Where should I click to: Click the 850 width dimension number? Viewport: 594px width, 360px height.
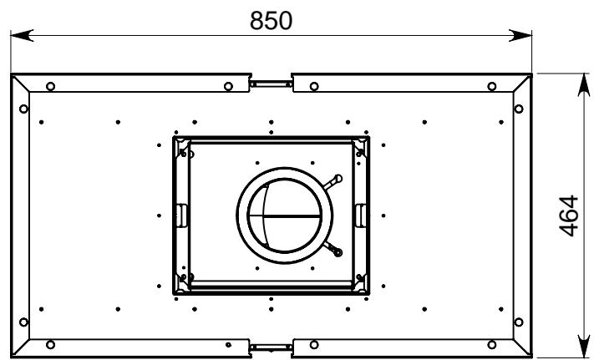pos(271,20)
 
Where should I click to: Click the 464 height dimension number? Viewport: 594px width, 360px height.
pos(569,215)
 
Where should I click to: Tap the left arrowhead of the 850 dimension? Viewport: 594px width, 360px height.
pos(22,35)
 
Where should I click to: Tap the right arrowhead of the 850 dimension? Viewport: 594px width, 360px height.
pos(520,35)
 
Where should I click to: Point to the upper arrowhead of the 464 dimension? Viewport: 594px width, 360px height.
pos(584,85)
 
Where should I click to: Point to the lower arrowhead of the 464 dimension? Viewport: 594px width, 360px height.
pos(584,346)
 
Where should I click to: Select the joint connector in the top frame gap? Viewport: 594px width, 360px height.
pos(271,84)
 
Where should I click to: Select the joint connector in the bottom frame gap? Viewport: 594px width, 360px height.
pos(271,347)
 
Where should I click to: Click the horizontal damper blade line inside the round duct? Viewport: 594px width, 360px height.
pos(285,216)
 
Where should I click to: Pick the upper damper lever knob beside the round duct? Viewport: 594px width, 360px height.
pos(338,178)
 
